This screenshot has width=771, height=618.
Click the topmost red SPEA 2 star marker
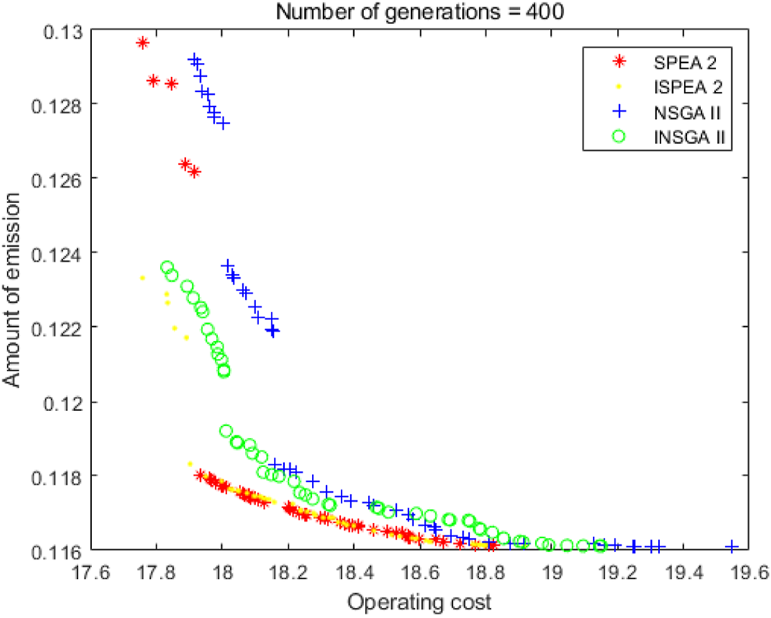tap(142, 43)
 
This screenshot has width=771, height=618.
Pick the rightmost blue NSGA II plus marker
tap(731, 546)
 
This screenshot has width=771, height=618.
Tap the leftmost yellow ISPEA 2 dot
tap(142, 277)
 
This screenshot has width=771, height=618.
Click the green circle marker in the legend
tap(619, 137)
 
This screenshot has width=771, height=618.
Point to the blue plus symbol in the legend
tap(619, 111)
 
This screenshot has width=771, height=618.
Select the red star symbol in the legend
tap(619, 61)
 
